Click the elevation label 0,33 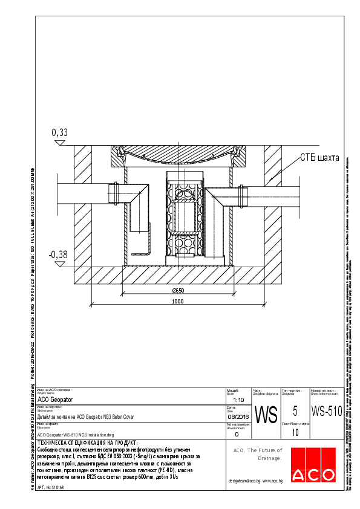[60, 132]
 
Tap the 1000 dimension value [177, 301]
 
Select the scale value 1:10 [238, 400]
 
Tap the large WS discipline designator [266, 415]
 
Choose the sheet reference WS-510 [327, 411]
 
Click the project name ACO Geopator [55, 400]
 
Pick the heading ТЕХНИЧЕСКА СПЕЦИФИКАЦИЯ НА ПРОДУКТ [87, 443]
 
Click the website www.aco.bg [273, 481]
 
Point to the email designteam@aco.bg [244, 481]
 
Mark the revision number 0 [237, 434]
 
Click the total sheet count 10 [295, 433]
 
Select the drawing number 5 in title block [295, 411]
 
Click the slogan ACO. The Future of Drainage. [258, 454]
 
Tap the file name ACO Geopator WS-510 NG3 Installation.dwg [76, 435]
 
